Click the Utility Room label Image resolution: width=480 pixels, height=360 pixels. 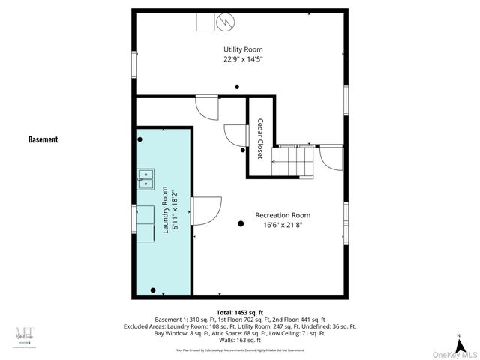coord(237,49)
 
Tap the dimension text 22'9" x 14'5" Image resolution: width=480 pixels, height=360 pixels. coord(237,58)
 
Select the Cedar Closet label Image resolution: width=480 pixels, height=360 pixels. coord(260,137)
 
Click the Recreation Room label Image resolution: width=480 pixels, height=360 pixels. coord(283,215)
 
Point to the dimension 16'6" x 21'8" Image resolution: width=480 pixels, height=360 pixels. coord(283,225)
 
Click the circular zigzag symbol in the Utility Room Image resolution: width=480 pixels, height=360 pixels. coord(226,22)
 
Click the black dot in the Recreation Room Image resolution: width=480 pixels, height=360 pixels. coord(241,223)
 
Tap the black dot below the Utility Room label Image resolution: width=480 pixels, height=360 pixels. coord(237,86)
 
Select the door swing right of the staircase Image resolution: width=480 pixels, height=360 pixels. coord(329,158)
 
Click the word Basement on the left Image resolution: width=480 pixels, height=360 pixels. coord(43,139)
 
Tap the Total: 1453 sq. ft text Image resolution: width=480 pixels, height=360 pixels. coord(240,312)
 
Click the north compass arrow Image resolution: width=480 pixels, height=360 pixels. coord(457,336)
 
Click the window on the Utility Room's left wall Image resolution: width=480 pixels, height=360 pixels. coord(135,63)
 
